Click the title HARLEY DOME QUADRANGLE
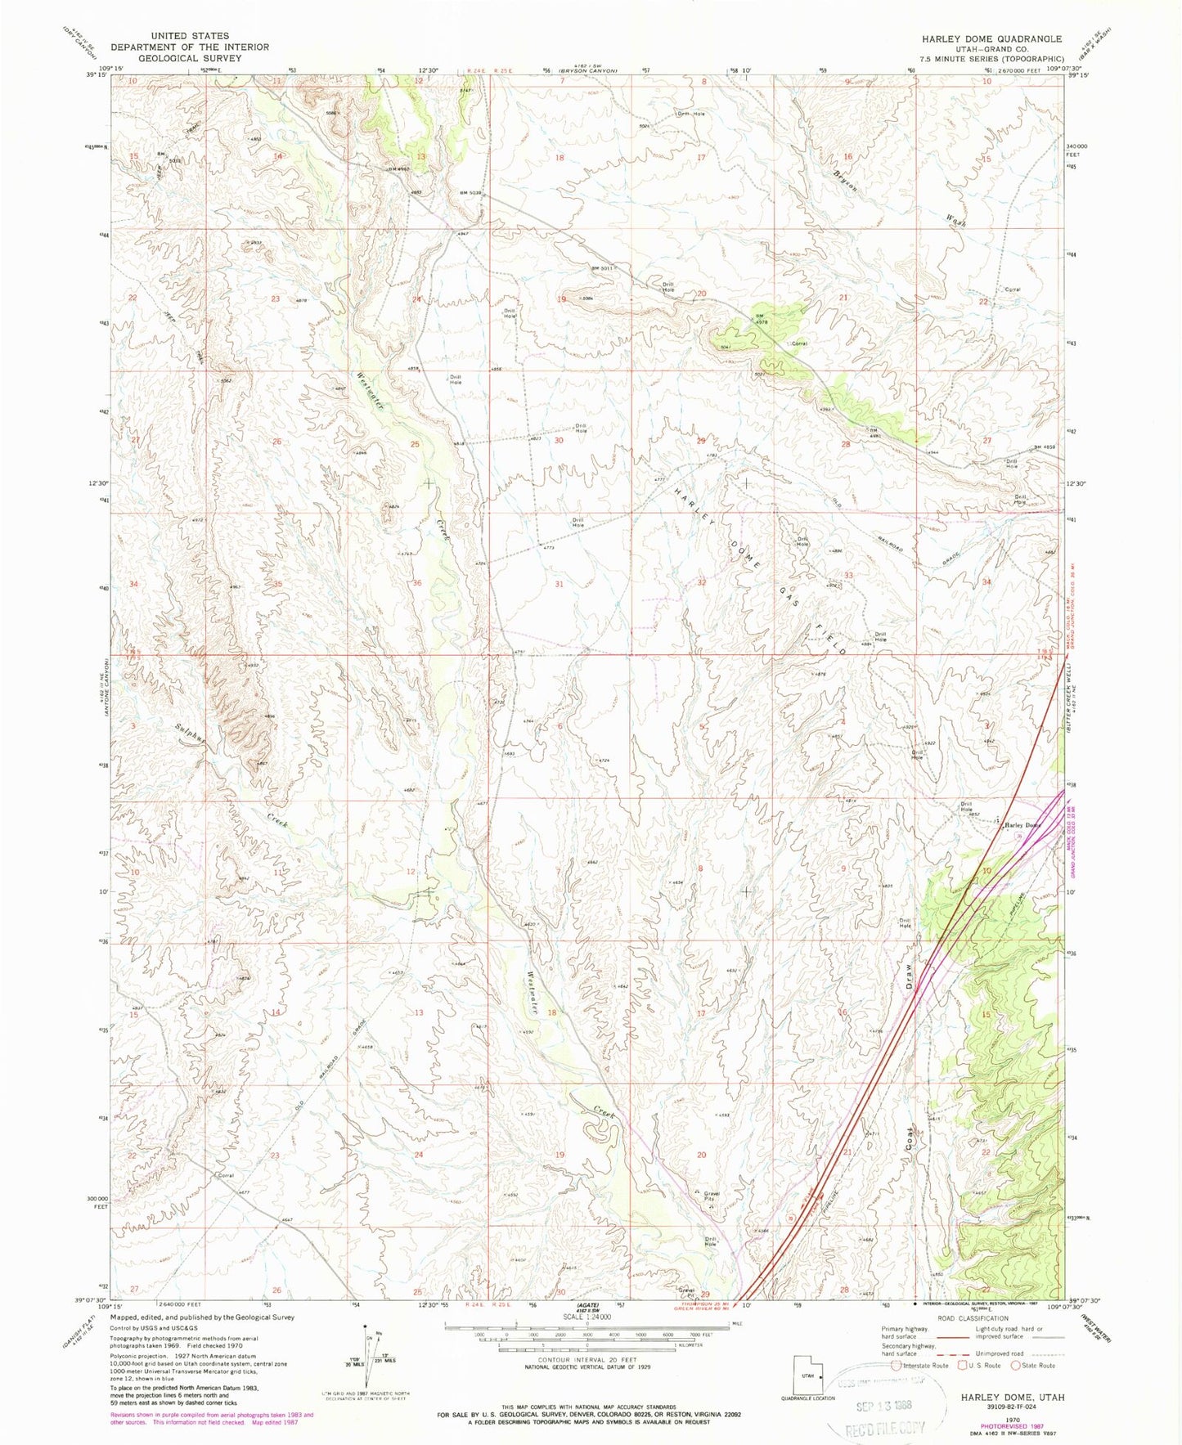coord(992,38)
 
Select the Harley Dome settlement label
coord(1022,825)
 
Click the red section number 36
coord(417,583)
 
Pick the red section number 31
coord(560,584)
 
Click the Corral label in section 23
coord(226,1175)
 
